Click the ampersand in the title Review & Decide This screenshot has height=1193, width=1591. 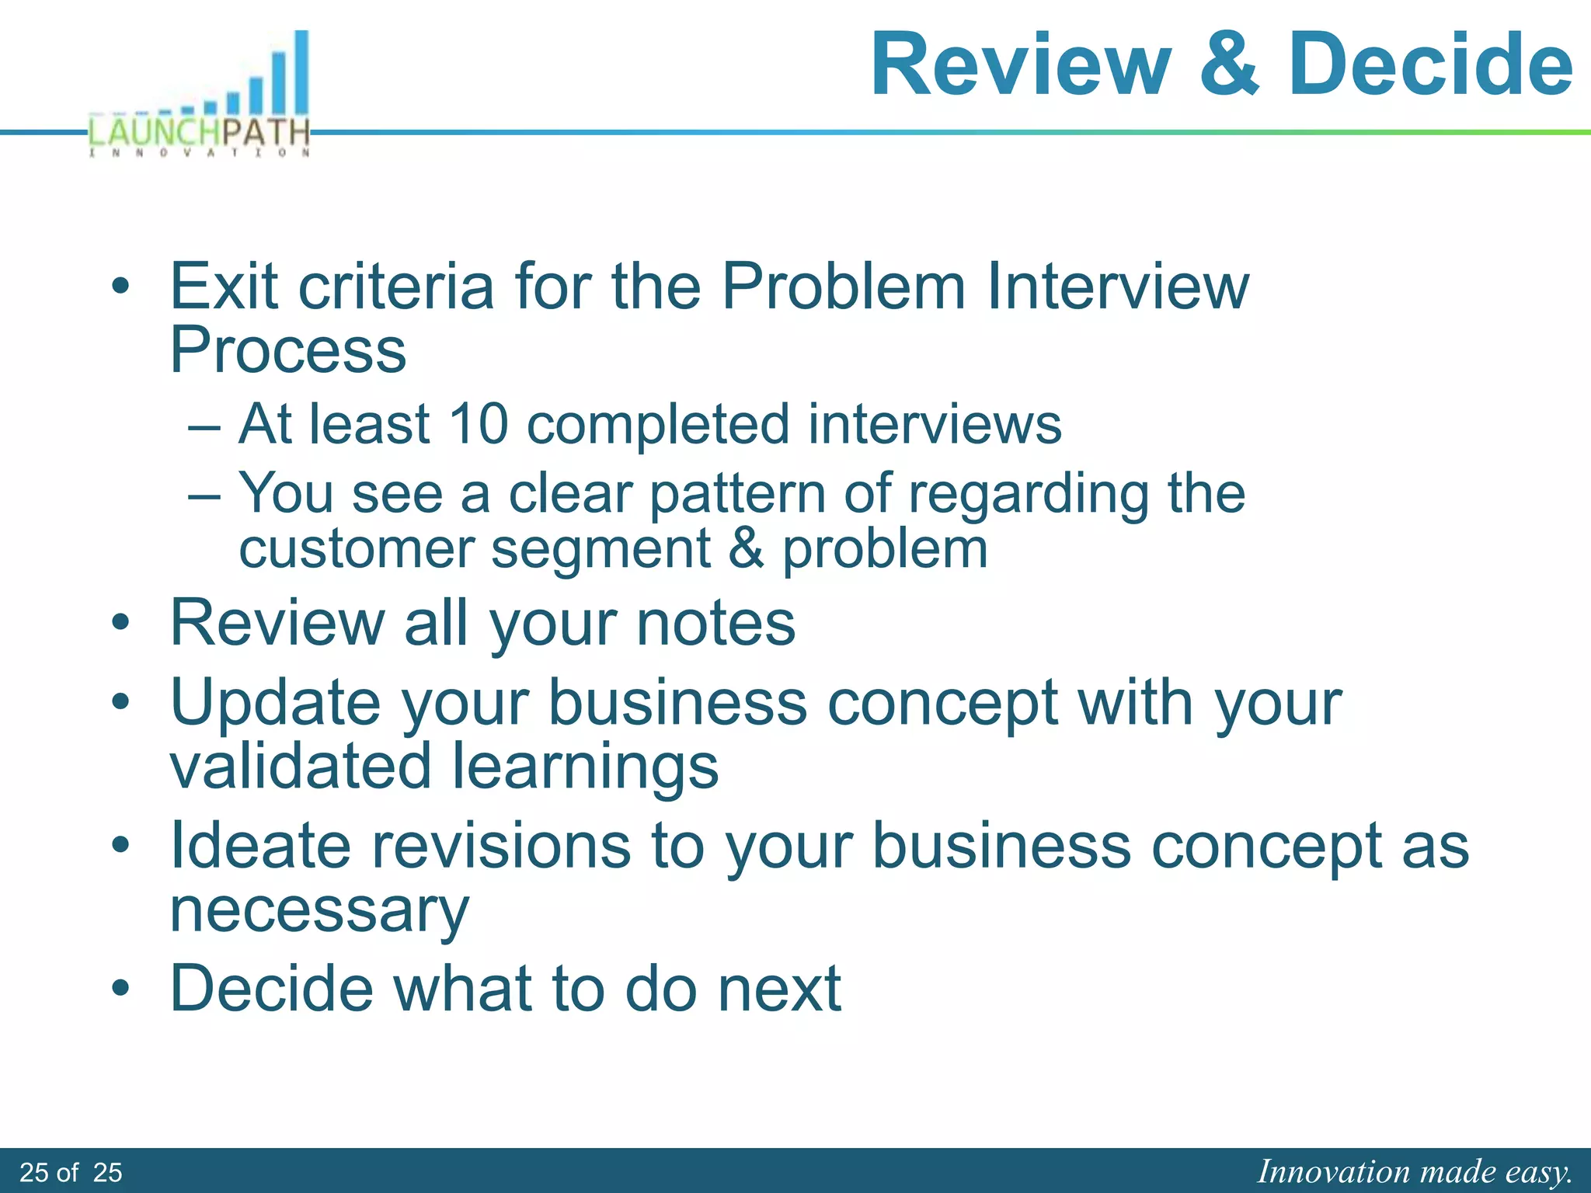click(1228, 65)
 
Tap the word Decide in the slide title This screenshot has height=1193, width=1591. click(1430, 65)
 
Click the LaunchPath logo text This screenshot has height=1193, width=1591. click(200, 133)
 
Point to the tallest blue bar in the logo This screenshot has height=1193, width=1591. click(301, 73)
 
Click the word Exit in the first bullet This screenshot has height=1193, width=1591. click(224, 287)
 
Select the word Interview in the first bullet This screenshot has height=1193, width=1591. click(1118, 287)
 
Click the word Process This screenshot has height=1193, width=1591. click(288, 351)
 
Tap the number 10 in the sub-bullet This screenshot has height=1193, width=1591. click(479, 424)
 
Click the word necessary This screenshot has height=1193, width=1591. click(319, 910)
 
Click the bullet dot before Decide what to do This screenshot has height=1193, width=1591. click(120, 989)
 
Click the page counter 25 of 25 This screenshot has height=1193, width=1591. click(71, 1173)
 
